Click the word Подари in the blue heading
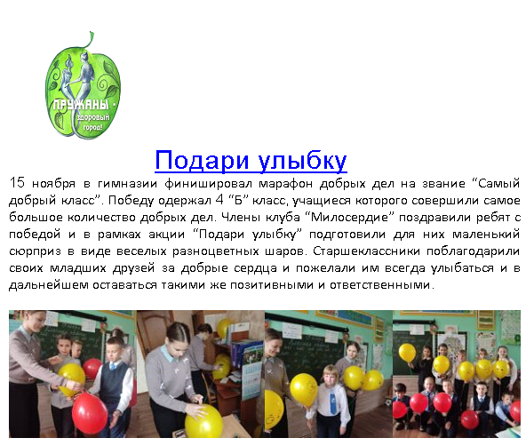(202, 161)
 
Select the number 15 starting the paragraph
(16, 183)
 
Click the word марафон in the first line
(286, 184)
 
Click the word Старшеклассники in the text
(366, 251)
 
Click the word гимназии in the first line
(127, 184)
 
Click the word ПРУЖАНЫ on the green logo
(81, 105)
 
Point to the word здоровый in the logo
(93, 117)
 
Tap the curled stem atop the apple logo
(89, 40)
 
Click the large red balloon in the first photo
(90, 413)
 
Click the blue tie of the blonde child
(333, 403)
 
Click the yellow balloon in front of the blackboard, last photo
(407, 353)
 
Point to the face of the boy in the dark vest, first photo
(116, 349)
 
